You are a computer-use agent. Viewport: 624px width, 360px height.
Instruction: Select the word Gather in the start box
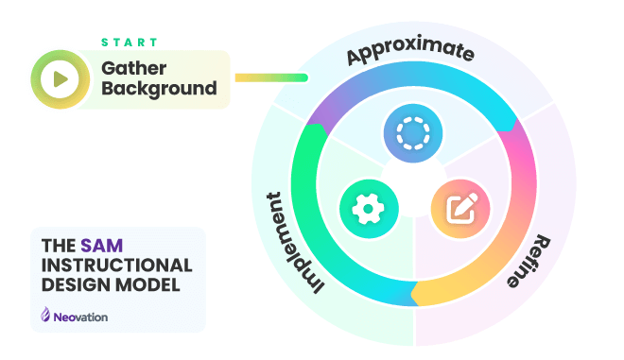tap(135, 68)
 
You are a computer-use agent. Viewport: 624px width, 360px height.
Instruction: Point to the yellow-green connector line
tap(270, 77)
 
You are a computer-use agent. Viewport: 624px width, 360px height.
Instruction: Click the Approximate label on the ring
tap(410, 54)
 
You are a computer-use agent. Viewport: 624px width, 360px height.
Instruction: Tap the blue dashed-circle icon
tap(412, 133)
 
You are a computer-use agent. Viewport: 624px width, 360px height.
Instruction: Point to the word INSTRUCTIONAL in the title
tap(116, 265)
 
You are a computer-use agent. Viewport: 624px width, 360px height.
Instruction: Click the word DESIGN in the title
tap(72, 284)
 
